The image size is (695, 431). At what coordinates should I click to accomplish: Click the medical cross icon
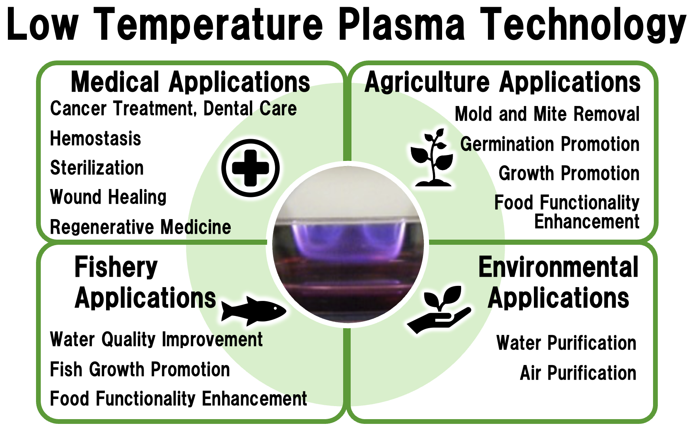pyautogui.click(x=251, y=168)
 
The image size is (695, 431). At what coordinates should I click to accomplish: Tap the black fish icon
pyautogui.click(x=254, y=311)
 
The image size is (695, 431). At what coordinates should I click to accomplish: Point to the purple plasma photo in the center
pyautogui.click(x=348, y=244)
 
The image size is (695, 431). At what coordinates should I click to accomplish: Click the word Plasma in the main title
pyautogui.click(x=402, y=25)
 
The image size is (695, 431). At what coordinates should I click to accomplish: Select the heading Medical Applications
pyautogui.click(x=190, y=82)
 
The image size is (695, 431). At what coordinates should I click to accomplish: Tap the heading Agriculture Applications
pyautogui.click(x=502, y=82)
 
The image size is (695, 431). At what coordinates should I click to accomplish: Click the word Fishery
pyautogui.click(x=116, y=268)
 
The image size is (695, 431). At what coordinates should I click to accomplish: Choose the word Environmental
pyautogui.click(x=558, y=267)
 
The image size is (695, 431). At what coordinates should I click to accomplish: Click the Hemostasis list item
pyautogui.click(x=95, y=139)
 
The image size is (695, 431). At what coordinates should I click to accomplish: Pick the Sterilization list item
pyautogui.click(x=97, y=168)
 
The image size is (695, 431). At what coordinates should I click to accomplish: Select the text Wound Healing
pyautogui.click(x=108, y=197)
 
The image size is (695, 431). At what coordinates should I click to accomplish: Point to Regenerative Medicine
pyautogui.click(x=141, y=227)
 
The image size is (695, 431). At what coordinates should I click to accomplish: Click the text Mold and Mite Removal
pyautogui.click(x=547, y=114)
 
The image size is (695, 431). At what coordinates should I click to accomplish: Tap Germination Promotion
pyautogui.click(x=550, y=144)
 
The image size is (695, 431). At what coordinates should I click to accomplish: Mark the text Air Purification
pyautogui.click(x=578, y=373)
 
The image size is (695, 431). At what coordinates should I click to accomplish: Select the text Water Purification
pyautogui.click(x=566, y=343)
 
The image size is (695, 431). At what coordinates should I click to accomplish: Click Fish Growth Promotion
pyautogui.click(x=140, y=370)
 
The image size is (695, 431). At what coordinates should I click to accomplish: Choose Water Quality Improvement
pyautogui.click(x=156, y=340)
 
